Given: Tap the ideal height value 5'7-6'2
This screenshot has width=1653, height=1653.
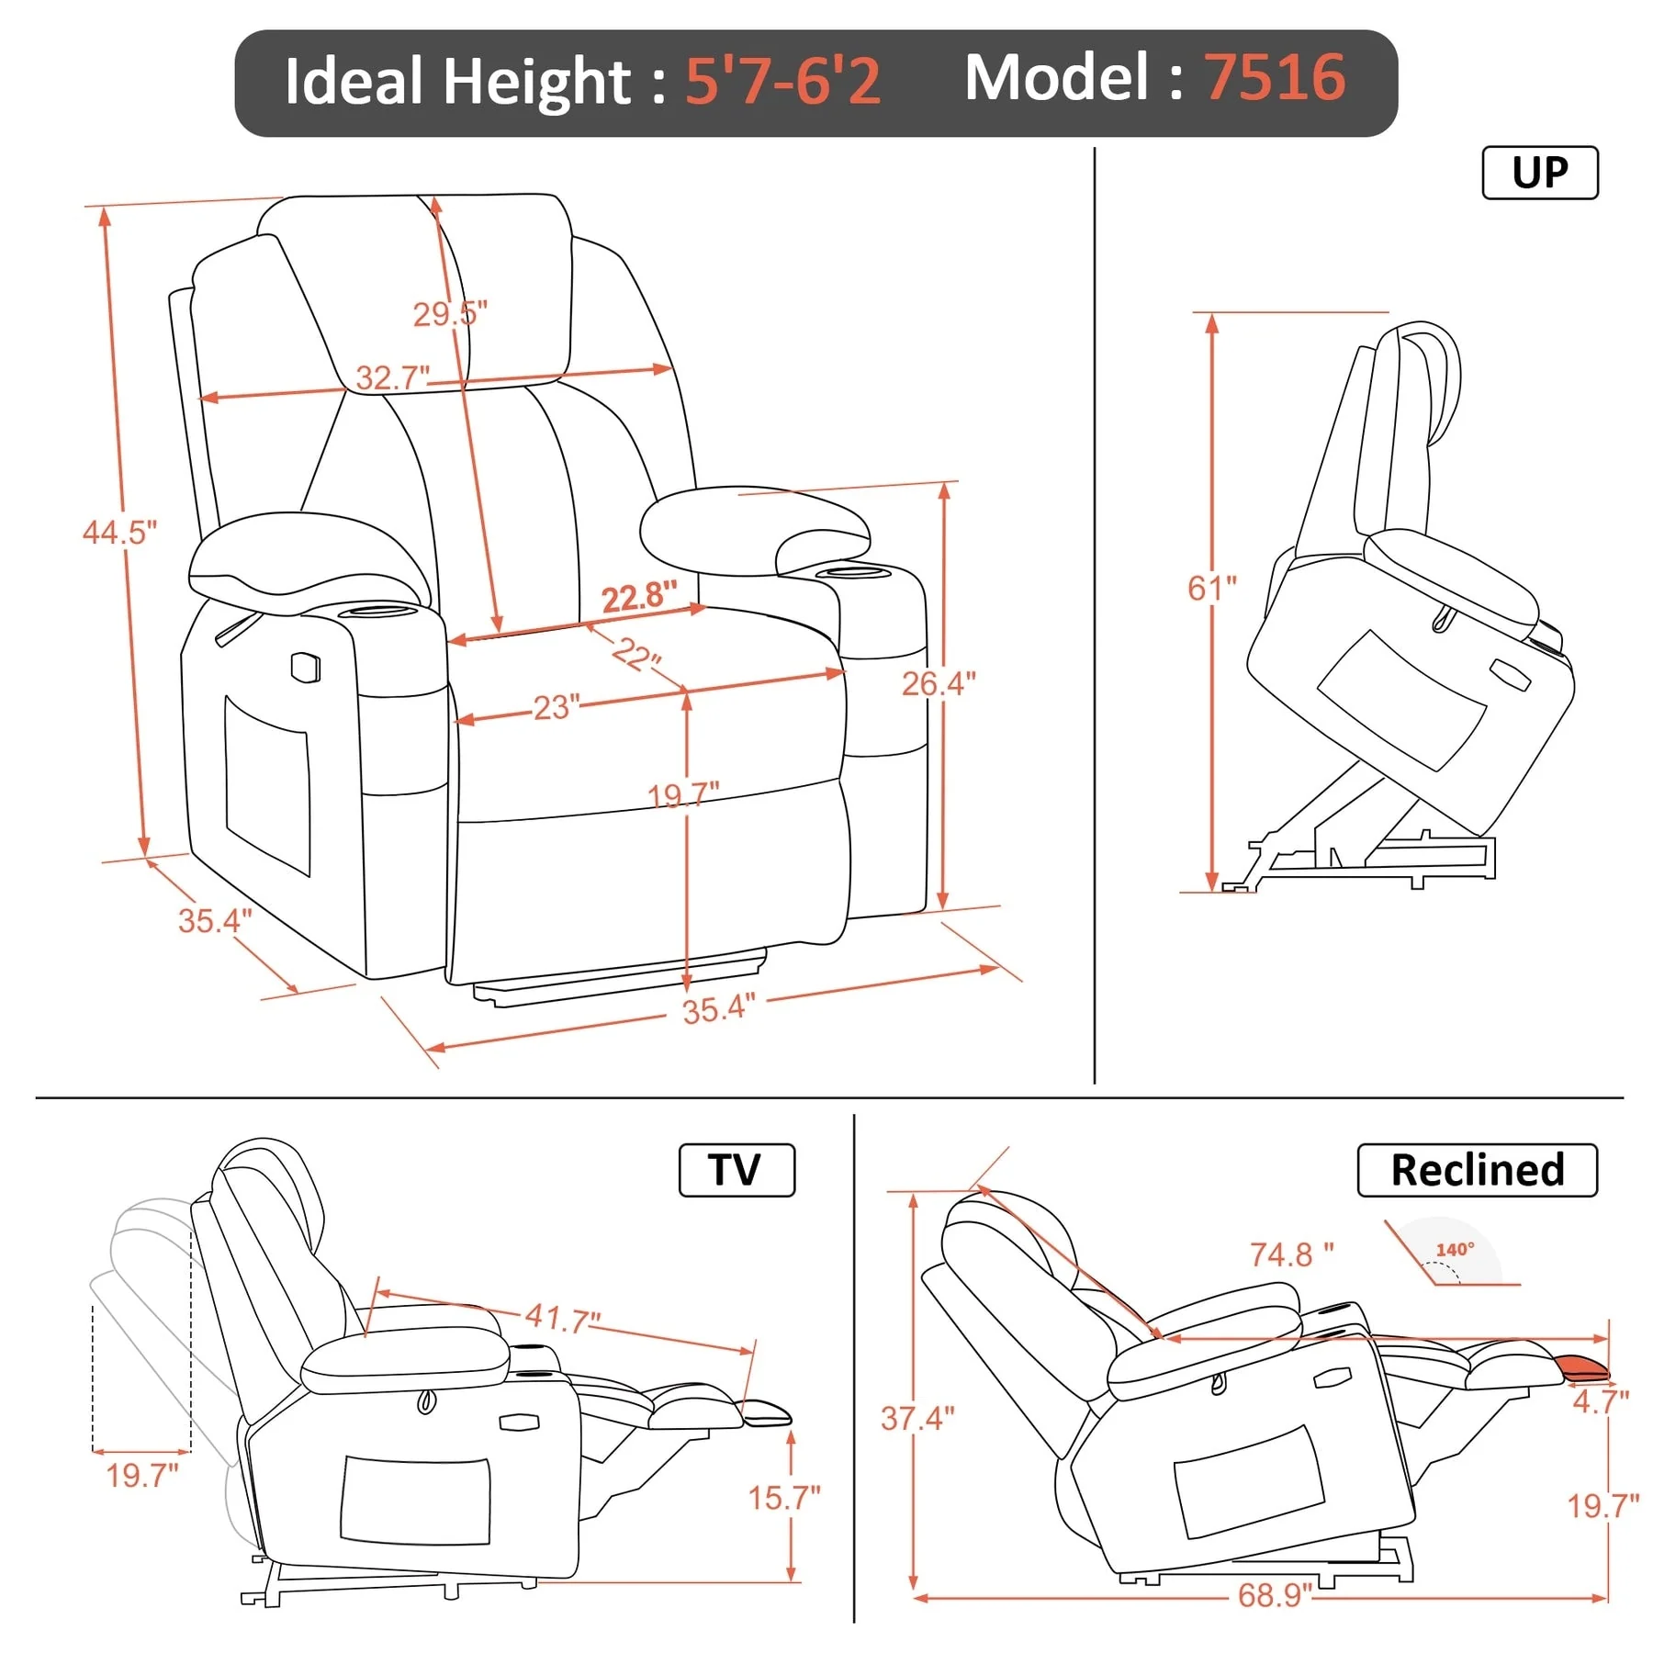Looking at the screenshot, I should coord(782,81).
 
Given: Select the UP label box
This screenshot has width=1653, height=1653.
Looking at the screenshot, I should coord(1540,173).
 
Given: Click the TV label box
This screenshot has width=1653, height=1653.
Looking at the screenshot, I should coord(736,1170).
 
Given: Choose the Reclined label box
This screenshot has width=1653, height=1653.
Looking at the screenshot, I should coord(1477,1170).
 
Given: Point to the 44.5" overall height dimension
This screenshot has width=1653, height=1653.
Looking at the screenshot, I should coord(119,532).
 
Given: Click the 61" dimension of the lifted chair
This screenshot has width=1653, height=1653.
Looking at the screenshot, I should coord(1211,588).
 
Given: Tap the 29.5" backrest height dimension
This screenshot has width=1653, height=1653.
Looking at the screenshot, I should coord(449,314).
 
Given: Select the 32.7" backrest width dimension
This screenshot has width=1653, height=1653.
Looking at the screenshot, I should coord(392,377).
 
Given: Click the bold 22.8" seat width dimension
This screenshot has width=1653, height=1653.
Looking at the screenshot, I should coord(639,597).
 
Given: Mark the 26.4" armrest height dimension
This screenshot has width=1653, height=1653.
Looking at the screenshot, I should coord(938,683).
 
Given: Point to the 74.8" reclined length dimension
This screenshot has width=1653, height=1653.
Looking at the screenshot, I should coord(1291,1254).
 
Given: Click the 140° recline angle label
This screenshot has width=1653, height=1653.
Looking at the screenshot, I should coord(1455,1250).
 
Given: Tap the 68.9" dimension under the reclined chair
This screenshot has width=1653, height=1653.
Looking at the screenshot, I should coord(1274,1595).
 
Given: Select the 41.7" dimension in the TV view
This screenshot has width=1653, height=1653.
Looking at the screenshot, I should coord(562,1319).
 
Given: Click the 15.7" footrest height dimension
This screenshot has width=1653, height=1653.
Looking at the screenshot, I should coord(783,1498).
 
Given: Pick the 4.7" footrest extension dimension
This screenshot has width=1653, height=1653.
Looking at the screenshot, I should coord(1600,1401).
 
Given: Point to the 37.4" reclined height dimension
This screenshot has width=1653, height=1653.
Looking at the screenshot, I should coord(916,1418).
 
